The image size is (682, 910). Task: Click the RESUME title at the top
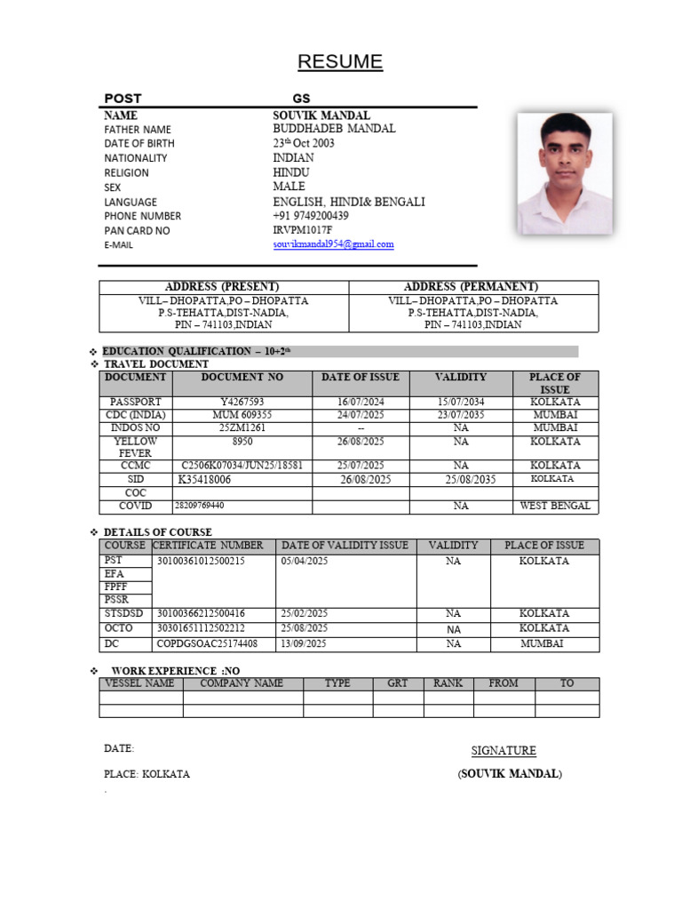click(x=340, y=62)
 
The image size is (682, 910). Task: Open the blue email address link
click(x=333, y=244)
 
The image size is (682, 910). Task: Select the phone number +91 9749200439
click(x=311, y=216)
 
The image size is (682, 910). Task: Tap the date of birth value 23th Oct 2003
click(x=304, y=143)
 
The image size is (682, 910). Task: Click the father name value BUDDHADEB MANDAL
click(x=334, y=129)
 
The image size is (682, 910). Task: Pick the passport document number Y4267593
click(x=242, y=402)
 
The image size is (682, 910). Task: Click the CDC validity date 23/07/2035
click(x=460, y=415)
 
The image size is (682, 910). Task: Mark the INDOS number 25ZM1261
click(x=242, y=428)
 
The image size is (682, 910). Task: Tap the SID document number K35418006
click(x=205, y=480)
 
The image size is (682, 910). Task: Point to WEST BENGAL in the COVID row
click(x=555, y=507)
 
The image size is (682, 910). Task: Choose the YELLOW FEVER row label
click(x=136, y=447)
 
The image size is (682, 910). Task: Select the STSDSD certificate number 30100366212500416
click(x=202, y=614)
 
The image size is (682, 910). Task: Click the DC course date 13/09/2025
click(x=305, y=643)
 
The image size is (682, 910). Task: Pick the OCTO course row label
click(x=119, y=628)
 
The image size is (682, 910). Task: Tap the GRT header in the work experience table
click(x=397, y=683)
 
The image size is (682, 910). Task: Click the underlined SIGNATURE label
click(x=504, y=751)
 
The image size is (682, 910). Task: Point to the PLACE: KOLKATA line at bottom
click(x=147, y=774)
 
